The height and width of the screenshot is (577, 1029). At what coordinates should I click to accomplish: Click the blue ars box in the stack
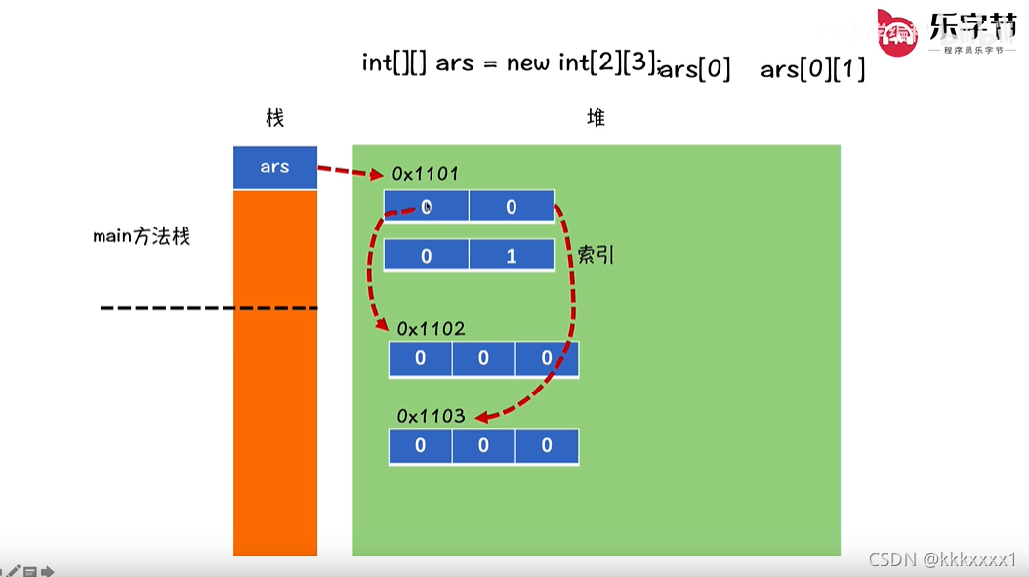pos(275,167)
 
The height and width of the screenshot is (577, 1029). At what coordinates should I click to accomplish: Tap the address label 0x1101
pos(425,174)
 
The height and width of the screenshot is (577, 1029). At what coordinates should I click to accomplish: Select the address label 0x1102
pos(431,329)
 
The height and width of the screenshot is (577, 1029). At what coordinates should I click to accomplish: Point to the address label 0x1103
pos(431,417)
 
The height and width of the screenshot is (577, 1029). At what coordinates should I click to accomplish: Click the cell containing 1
pos(511,256)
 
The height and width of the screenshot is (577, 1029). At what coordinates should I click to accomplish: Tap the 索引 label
pos(597,255)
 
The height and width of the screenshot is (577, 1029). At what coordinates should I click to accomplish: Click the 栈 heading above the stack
pos(274,118)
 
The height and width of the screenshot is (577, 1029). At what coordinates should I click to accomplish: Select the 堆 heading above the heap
pos(596,118)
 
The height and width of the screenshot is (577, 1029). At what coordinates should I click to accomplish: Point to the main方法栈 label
pos(142,236)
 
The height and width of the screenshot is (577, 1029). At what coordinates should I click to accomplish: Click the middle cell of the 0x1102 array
pos(483,358)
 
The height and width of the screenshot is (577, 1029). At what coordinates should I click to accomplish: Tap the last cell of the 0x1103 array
pos(547,446)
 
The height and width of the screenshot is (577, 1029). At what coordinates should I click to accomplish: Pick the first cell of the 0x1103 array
pos(421,446)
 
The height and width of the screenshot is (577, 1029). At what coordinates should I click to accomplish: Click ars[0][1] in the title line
pos(812,69)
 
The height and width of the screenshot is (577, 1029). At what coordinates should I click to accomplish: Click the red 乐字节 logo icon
pos(897,34)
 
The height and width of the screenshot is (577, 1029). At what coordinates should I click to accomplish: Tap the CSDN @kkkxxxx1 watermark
pos(942,559)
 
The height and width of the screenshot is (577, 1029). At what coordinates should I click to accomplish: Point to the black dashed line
pos(209,309)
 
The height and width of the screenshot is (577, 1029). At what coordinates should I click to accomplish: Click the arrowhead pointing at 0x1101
pos(377,176)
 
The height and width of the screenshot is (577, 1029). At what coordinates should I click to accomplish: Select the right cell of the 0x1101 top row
pos(511,207)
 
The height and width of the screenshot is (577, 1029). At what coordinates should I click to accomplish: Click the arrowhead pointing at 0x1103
pos(481,417)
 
